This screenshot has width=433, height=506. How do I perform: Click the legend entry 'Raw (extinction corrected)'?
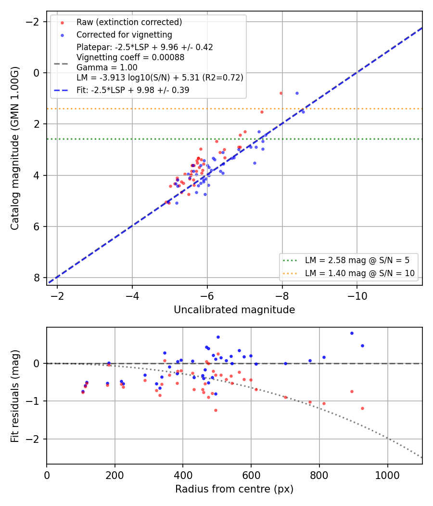(129, 22)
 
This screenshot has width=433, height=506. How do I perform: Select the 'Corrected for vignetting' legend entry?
(124, 35)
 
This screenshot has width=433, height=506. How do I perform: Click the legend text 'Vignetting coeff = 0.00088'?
(130, 57)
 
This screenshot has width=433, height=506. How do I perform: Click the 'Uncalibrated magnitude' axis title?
(234, 310)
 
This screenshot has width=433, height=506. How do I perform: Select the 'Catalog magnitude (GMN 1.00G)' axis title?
(15, 148)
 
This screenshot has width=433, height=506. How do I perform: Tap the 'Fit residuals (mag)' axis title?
(15, 396)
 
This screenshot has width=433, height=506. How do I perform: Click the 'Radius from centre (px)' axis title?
(234, 489)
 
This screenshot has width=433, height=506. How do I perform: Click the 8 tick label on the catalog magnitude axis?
(37, 278)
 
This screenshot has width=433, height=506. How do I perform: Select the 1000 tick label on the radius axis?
(387, 475)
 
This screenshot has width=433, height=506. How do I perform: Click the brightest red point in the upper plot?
(281, 93)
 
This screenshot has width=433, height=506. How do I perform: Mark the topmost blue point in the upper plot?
(297, 93)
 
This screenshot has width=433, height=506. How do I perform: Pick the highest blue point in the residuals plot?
(352, 333)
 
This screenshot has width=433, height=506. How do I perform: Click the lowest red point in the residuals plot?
(216, 411)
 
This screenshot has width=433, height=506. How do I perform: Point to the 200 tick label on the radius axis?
(115, 475)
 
